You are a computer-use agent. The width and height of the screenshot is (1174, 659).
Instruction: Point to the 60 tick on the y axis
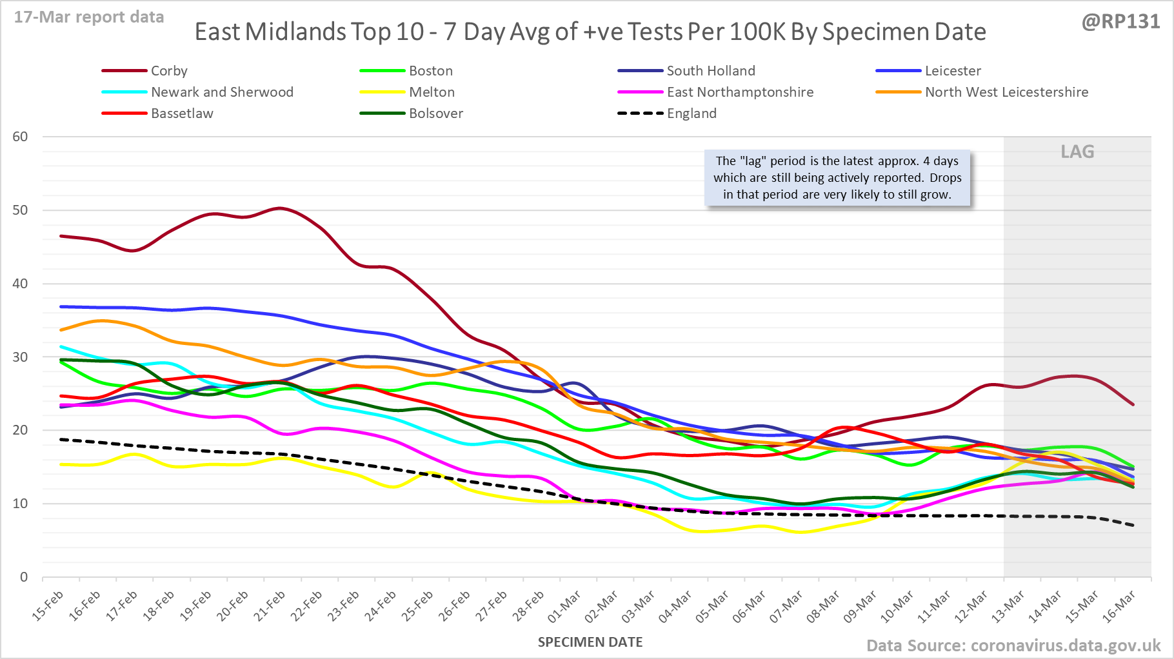pos(20,137)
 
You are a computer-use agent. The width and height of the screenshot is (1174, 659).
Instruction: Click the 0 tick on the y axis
pos(24,577)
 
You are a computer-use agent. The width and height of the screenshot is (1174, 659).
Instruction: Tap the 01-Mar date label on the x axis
pos(564,606)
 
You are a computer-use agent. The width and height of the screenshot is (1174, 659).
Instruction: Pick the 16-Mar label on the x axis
pos(1119,606)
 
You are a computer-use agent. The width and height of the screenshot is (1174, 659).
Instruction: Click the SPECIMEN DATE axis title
pos(590,642)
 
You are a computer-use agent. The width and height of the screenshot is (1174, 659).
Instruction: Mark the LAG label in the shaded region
pos(1077,152)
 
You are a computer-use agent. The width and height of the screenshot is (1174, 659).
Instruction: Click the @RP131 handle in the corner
pos(1120,22)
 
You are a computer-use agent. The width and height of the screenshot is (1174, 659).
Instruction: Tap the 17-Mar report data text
pos(89,17)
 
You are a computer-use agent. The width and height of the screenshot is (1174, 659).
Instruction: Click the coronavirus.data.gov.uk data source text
pos(1013,645)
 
